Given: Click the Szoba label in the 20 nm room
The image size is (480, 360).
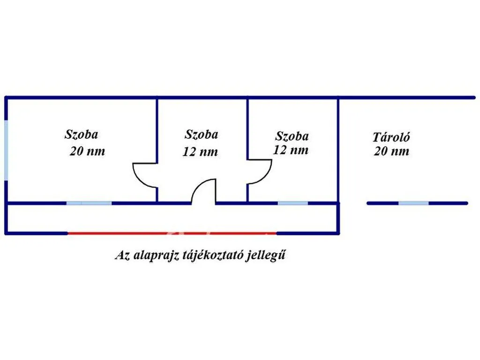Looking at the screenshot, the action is click(81, 135).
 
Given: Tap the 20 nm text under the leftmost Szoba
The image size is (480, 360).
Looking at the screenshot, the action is click(87, 151).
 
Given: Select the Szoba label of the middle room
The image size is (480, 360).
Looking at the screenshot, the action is click(201, 135).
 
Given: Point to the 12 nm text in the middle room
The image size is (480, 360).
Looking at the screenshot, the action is click(200, 151).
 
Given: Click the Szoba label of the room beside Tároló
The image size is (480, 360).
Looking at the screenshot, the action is click(292, 136).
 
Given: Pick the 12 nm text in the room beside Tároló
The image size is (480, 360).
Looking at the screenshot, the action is click(291, 150).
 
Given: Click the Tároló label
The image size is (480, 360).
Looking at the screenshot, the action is click(391, 137).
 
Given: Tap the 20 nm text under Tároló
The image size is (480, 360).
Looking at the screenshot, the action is click(391, 151).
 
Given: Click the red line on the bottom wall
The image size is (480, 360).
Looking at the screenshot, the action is click(172, 233).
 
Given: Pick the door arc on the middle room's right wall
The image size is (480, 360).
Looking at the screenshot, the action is click(266, 177).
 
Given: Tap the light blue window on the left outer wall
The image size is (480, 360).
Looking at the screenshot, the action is click(6, 150).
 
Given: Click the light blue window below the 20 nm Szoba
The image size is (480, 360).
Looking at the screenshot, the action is click(89, 203).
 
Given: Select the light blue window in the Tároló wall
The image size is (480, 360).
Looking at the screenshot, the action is click(413, 203).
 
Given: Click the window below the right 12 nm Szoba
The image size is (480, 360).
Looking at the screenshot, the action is click(292, 203).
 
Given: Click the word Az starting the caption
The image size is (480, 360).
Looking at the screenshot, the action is click(122, 255).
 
